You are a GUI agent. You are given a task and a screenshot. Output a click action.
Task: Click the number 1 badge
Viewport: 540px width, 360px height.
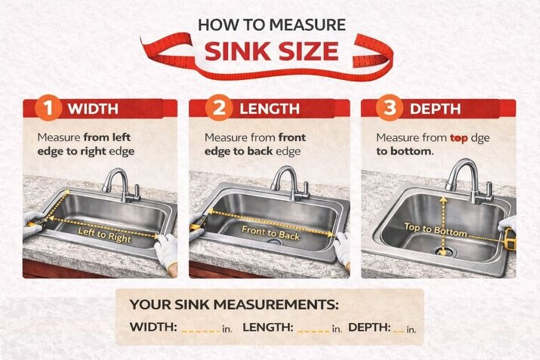click(x=50, y=109)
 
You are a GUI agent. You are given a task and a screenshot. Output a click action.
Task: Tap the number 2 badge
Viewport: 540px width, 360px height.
click(x=220, y=109)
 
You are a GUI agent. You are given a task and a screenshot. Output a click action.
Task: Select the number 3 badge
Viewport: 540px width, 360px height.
click(x=390, y=108)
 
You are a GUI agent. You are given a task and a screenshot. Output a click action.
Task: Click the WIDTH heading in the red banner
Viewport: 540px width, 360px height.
click(x=93, y=109)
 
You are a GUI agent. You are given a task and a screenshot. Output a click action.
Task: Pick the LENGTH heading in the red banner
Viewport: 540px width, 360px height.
click(x=270, y=109)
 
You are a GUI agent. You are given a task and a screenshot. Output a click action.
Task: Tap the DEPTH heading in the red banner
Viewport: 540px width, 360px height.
click(x=434, y=109)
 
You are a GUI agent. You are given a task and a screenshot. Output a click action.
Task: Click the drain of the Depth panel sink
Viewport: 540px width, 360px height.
click(x=443, y=252)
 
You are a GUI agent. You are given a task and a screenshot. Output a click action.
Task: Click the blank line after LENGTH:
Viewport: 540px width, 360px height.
click(x=313, y=329)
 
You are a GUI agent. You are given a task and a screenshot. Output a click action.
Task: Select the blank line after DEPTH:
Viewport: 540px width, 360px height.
click(x=398, y=329)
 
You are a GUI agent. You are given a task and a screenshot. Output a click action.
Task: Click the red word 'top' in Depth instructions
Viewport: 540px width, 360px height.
click(x=460, y=139)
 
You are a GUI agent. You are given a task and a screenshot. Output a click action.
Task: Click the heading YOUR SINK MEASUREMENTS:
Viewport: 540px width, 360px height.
click(x=234, y=305)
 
